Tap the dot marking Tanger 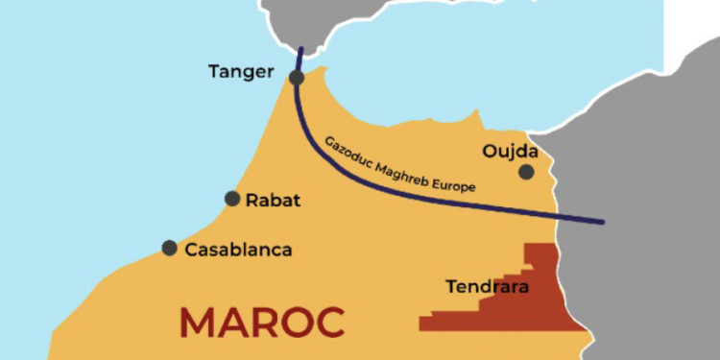pos(297,78)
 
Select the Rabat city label pos(274,201)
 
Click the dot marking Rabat pos(232,199)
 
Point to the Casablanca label pos(238,250)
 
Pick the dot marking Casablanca pos(170,248)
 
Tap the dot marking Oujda pos(526,172)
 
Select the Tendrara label pos(488,286)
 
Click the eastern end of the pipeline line pos(603,222)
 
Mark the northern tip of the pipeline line pos(300,50)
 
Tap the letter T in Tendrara pos(451,286)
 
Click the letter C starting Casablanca pos(190,250)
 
